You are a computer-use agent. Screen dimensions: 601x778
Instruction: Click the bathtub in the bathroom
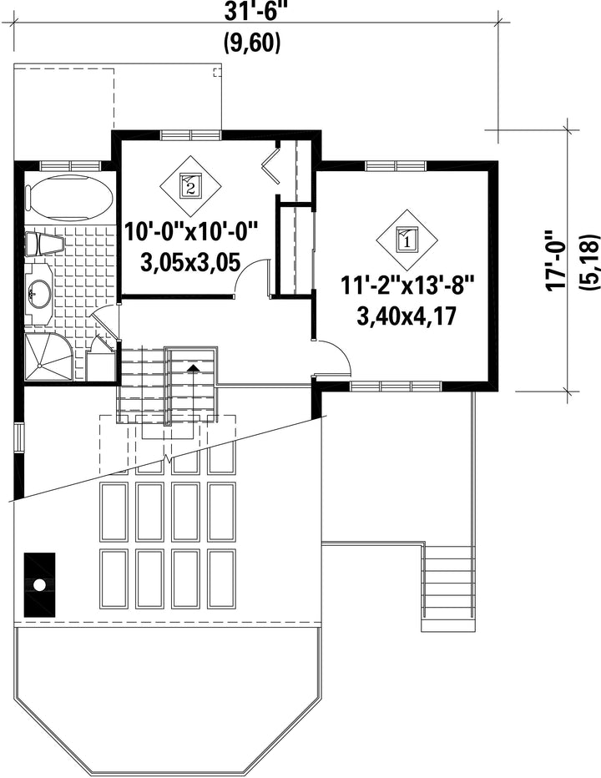click(x=69, y=198)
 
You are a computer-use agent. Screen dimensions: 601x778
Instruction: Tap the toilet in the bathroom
click(x=45, y=244)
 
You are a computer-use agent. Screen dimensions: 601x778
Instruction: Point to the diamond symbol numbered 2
click(x=189, y=185)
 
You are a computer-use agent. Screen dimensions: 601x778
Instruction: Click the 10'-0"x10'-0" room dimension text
click(x=191, y=232)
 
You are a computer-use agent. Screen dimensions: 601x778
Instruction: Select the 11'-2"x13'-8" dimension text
click(x=407, y=286)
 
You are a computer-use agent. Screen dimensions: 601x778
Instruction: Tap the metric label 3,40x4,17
click(x=407, y=316)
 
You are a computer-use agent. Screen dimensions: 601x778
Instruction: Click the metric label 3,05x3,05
click(x=191, y=261)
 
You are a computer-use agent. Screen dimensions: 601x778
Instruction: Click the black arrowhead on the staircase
click(x=194, y=367)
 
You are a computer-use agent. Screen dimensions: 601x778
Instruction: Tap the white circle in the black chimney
click(x=39, y=585)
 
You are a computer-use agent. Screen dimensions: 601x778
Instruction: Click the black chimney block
click(x=40, y=585)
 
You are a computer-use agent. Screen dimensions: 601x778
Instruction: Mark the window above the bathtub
click(x=70, y=165)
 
